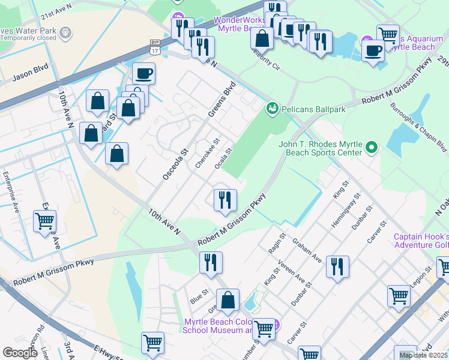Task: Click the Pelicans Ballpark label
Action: click(x=311, y=109)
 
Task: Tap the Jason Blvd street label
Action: click(x=30, y=78)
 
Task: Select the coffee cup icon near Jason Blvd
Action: click(x=143, y=74)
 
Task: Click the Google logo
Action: click(x=20, y=352)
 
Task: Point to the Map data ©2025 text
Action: click(x=424, y=355)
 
